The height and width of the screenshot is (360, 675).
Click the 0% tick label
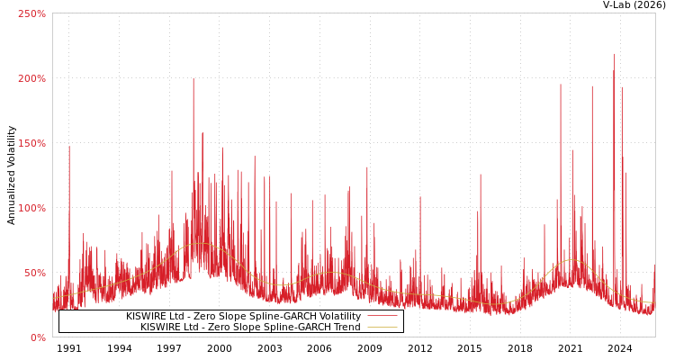pyautogui.click(x=38, y=337)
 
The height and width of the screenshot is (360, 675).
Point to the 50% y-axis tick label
pyautogui.click(x=35, y=273)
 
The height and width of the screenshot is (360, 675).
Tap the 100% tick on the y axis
pyautogui.click(x=32, y=208)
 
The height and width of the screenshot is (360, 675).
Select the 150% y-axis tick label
pyautogui.click(x=32, y=143)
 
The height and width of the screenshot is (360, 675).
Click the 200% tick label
pyautogui.click(x=32, y=78)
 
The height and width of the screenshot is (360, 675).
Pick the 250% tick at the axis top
pyautogui.click(x=32, y=13)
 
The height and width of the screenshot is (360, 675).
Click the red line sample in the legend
pyautogui.click(x=382, y=317)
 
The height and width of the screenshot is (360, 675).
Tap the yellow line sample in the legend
pyautogui.click(x=382, y=328)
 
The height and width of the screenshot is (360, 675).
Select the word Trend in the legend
pyautogui.click(x=346, y=328)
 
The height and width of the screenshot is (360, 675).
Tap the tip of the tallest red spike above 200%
pyautogui.click(x=615, y=53)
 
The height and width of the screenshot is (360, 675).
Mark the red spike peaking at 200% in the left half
pyautogui.click(x=193, y=79)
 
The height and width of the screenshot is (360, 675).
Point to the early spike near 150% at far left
pyautogui.click(x=68, y=147)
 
